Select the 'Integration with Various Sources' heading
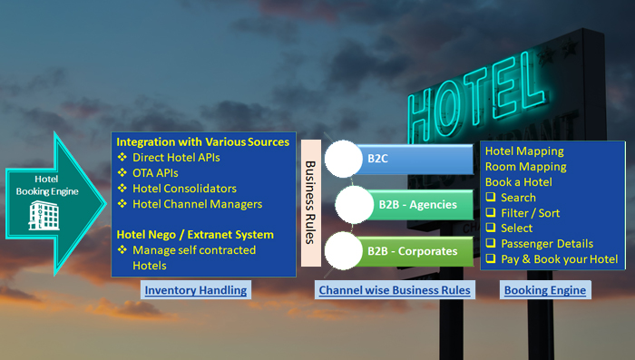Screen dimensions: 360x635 point(202,142)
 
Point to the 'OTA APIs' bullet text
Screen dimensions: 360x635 point(156,173)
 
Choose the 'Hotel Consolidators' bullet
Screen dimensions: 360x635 point(184,189)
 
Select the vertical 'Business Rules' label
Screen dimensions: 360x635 point(310,202)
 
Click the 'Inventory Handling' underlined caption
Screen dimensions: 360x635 point(195,291)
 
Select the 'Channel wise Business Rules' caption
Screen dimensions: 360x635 point(394,291)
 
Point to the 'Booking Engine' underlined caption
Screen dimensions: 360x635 point(544,291)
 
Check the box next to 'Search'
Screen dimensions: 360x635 point(491,198)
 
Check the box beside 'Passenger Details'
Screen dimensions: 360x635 point(491,244)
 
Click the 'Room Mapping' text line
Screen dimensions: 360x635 point(525,167)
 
